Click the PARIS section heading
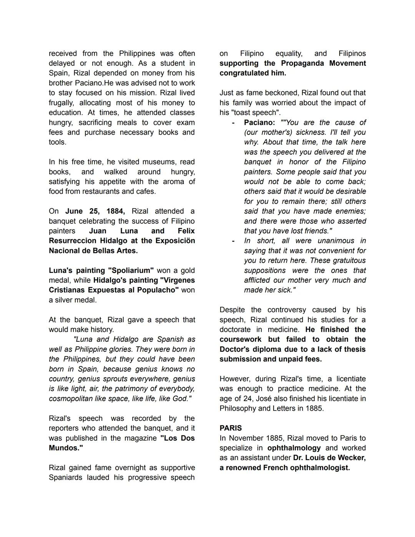click(x=231, y=428)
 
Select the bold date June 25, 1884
click(x=95, y=211)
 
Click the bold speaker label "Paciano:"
click(x=259, y=122)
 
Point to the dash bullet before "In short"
click(x=233, y=241)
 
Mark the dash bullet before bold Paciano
click(x=233, y=123)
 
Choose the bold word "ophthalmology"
click(x=294, y=448)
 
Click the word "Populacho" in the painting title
click(x=157, y=290)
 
